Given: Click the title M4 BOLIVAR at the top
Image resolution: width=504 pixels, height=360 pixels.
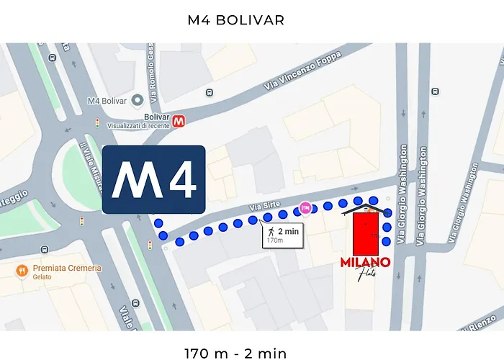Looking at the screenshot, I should tap(236, 20).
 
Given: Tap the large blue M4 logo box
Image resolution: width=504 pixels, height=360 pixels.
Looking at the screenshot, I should tap(154, 180).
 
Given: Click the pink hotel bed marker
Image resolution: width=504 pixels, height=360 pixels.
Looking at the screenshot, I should tap(305, 209).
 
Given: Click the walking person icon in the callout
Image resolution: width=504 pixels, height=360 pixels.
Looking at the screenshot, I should tap(271, 232).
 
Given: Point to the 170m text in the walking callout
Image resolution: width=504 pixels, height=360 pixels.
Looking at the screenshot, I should tap(275, 241).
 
